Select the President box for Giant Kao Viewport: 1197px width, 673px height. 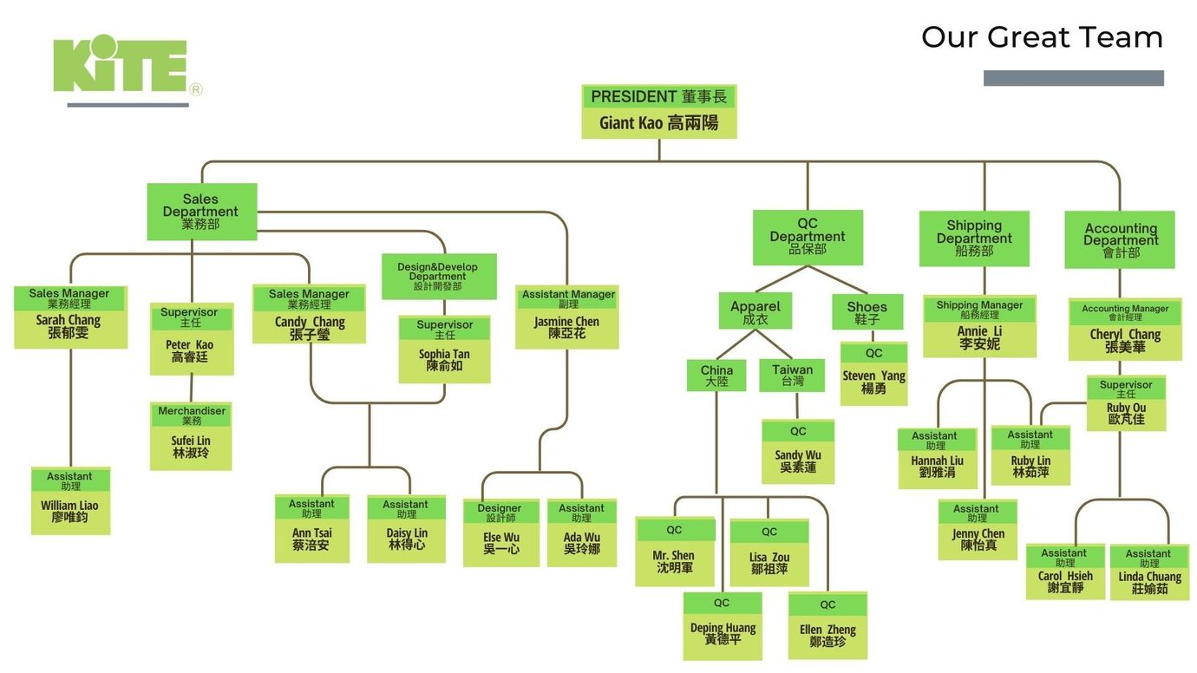[x=658, y=111]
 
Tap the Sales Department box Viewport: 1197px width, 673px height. [x=201, y=212]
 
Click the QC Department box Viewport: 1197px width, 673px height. [x=808, y=237]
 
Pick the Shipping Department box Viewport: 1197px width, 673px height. [x=974, y=238]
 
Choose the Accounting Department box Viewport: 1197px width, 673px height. [x=1120, y=240]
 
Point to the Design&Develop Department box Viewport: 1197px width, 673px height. [x=439, y=276]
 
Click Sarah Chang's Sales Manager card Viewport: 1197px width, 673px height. [x=69, y=317]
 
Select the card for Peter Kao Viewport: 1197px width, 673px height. [x=191, y=338]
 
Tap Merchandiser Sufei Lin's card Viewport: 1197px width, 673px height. [x=191, y=435]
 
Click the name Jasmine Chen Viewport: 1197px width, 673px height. [x=566, y=322]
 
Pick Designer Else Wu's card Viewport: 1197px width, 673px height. [x=500, y=533]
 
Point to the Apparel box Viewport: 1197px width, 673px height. [x=755, y=311]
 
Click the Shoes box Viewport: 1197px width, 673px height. [x=867, y=311]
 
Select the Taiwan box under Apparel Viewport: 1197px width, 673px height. [x=792, y=375]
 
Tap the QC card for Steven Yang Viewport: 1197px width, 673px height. [x=873, y=373]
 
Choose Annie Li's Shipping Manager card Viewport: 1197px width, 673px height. [x=979, y=325]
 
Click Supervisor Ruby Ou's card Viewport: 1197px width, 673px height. [x=1126, y=402]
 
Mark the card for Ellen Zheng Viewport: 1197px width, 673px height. [x=827, y=625]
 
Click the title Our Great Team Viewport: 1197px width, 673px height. [x=1042, y=37]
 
